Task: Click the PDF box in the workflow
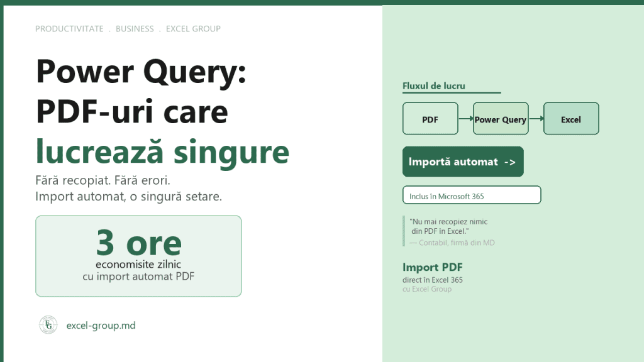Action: coord(430,119)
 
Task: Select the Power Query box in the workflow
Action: coord(501,119)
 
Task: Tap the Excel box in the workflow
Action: coord(571,119)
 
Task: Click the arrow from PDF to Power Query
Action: coord(466,119)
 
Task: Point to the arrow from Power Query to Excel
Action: coord(536,119)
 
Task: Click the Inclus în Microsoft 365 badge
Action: coord(472,195)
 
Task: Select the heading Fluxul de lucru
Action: coord(434,85)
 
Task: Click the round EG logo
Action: coord(48,325)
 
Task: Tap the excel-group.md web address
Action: coord(101,326)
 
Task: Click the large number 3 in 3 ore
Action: coord(105,243)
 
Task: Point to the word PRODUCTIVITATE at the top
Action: coord(69,29)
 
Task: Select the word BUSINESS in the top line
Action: coord(135,29)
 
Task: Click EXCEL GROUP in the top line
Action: coord(193,29)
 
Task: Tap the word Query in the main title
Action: coord(194,72)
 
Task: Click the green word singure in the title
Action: coord(231,153)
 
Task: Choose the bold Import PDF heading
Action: coord(433,267)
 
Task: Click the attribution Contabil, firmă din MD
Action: coord(457,243)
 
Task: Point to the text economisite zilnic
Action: coord(138,265)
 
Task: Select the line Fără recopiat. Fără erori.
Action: coord(103,180)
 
